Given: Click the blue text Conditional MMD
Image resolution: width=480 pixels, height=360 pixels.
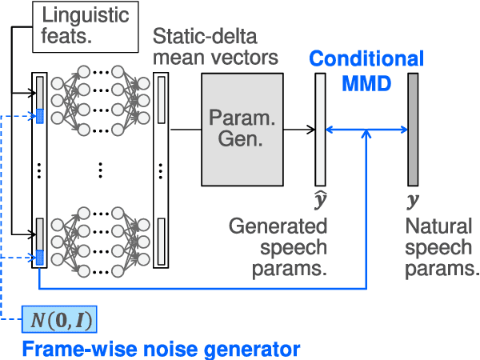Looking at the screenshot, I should tap(366, 70).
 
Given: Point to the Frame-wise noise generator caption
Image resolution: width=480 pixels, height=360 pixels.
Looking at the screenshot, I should tap(160, 349).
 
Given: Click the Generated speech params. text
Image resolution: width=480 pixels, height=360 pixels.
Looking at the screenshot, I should tap(278, 247).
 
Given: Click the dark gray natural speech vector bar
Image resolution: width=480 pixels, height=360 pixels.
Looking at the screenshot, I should tap(413, 127).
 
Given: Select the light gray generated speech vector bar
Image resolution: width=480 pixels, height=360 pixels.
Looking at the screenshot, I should tap(321, 127).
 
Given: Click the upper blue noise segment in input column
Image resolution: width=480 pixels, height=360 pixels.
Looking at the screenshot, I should tap(38, 117).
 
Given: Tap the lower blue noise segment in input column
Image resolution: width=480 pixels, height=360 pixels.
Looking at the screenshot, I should tap(38, 257).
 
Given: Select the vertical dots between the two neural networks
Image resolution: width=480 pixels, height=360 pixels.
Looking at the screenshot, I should tap(100, 170).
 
